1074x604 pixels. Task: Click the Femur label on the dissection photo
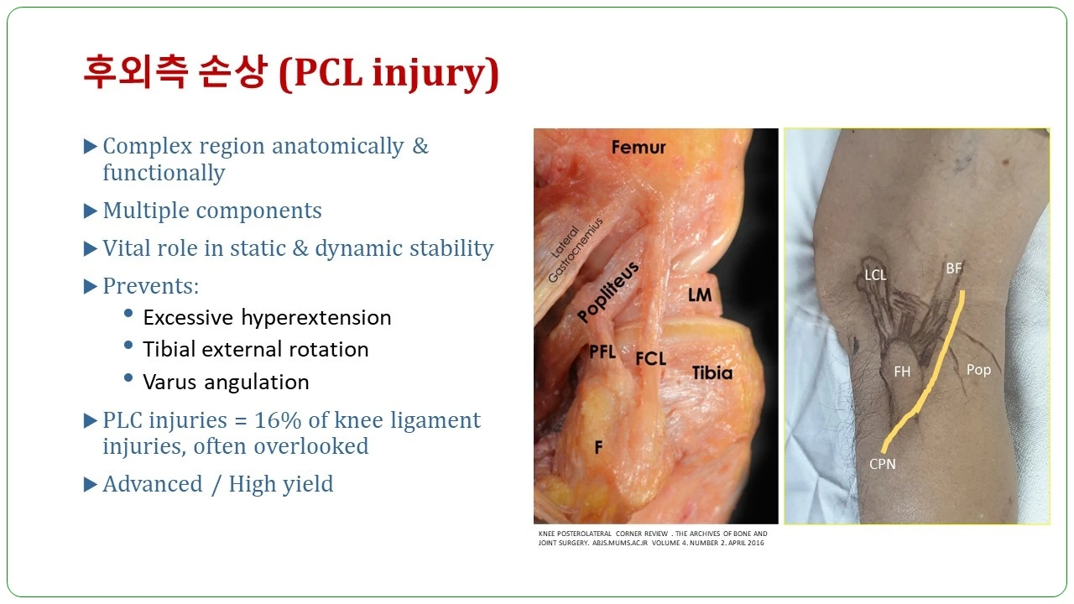click(639, 147)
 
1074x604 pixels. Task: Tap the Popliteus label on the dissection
click(608, 292)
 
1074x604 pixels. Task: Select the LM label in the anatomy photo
click(700, 294)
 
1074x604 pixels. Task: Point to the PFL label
click(602, 351)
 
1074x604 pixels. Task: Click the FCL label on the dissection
click(650, 358)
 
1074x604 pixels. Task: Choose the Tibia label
click(712, 373)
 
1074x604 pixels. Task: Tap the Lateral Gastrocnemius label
click(575, 249)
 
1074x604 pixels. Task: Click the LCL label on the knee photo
click(875, 274)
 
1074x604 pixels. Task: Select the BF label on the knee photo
click(954, 268)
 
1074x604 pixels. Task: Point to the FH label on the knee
click(902, 372)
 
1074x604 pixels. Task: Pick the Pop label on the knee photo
click(978, 370)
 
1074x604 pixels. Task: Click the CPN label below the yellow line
click(882, 464)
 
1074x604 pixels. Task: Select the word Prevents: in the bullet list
click(151, 286)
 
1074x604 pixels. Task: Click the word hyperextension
click(316, 317)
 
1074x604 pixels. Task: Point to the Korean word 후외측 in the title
click(135, 72)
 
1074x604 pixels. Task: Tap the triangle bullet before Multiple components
click(90, 211)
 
